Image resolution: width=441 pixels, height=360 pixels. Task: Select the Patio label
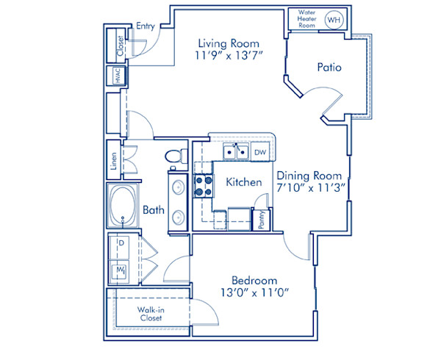[329, 68]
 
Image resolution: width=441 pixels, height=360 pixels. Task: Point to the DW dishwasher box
[259, 152]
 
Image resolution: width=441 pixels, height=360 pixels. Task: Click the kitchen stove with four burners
[202, 187]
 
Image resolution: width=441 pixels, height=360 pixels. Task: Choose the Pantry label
[261, 220]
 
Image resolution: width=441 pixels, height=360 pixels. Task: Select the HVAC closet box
[115, 76]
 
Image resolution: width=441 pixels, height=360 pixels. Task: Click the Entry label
[144, 26]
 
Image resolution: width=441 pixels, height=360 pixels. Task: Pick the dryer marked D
[119, 242]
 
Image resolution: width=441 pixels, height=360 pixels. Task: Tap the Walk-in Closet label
[150, 314]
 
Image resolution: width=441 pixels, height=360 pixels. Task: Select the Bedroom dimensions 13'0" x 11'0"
[254, 293]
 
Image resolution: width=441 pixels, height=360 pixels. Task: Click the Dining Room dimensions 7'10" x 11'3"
[309, 188]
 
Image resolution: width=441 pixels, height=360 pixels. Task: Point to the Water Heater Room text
[307, 20]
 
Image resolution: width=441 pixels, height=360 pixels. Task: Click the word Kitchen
[243, 181]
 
